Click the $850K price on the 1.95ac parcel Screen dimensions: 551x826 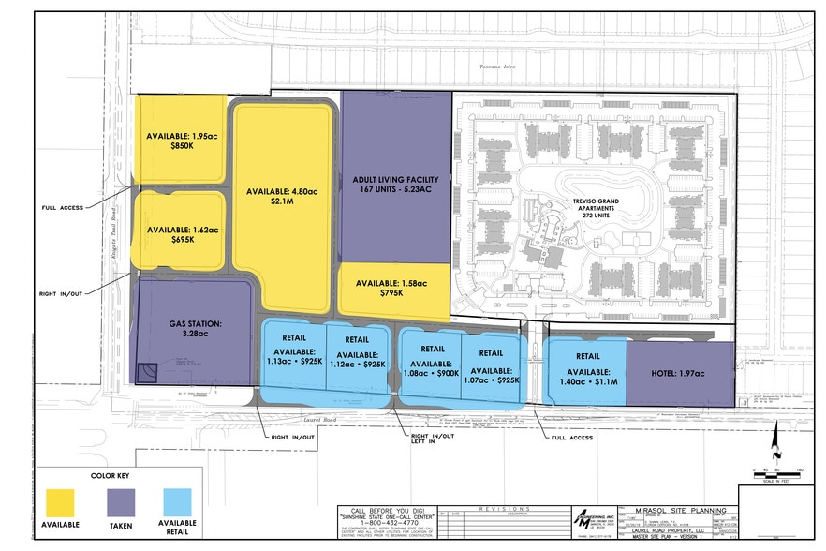pos(182,146)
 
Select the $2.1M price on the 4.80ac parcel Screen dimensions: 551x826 pos(282,202)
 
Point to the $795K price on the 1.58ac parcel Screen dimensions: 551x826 pos(391,294)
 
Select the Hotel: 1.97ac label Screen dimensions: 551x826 pos(679,374)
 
